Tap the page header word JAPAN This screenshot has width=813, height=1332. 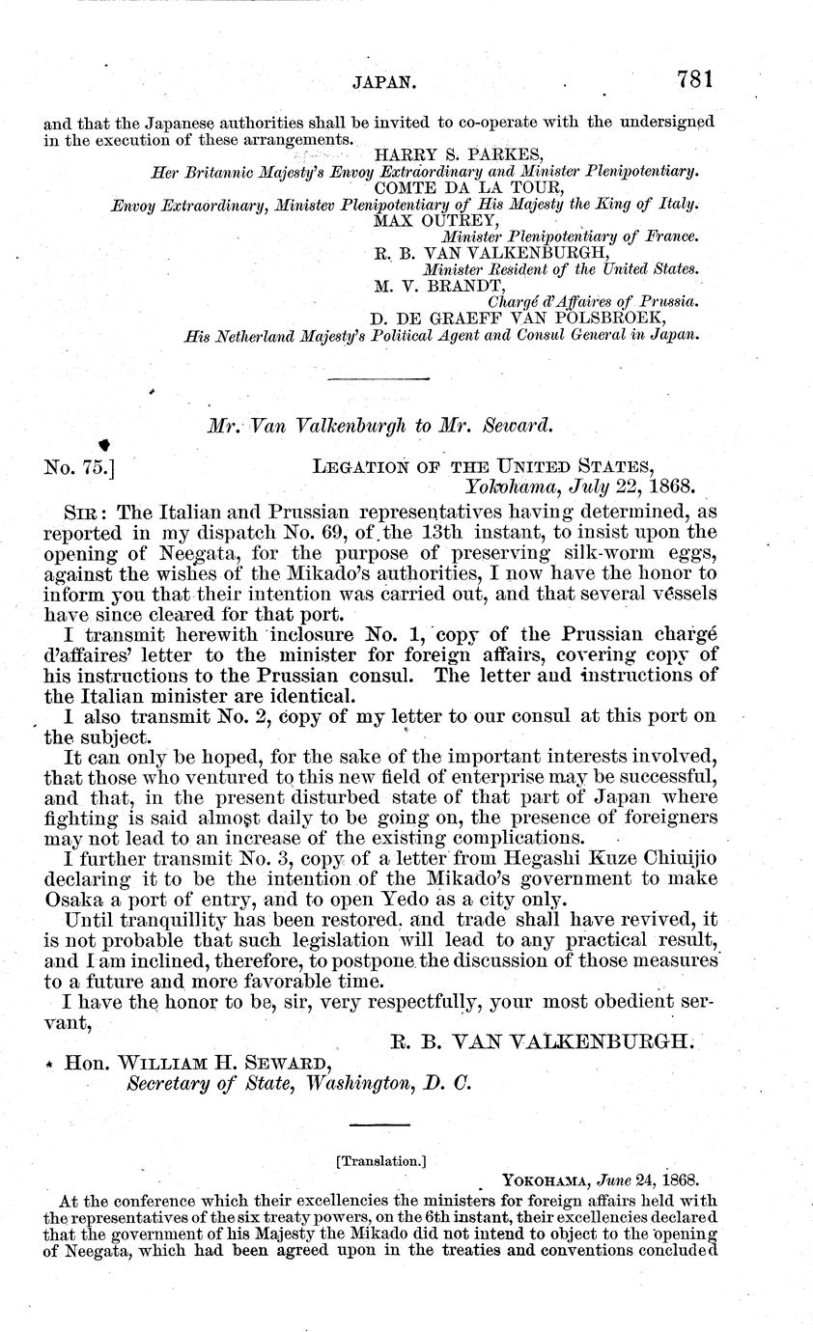point(384,84)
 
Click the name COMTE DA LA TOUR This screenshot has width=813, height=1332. point(449,187)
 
